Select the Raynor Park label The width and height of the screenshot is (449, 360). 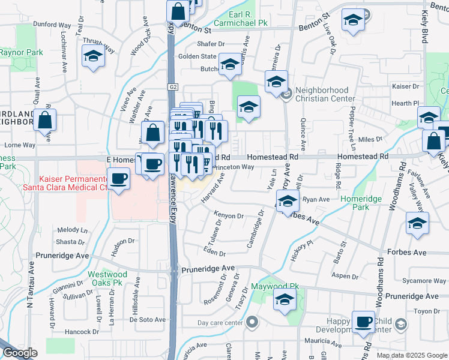(x=21, y=52)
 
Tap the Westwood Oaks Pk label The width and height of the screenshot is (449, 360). (x=105, y=277)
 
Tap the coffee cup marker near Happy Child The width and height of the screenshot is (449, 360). (x=363, y=322)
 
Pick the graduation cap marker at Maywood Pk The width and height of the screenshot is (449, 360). (x=285, y=301)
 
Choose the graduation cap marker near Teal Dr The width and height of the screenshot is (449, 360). (x=94, y=56)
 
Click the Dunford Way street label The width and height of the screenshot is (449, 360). (x=52, y=25)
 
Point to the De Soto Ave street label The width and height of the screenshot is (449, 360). (x=147, y=319)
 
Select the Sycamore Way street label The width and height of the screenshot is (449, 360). (x=424, y=280)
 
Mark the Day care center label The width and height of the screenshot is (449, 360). (x=220, y=323)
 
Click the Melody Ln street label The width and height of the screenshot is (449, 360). (x=72, y=230)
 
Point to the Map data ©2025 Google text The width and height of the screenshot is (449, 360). (x=411, y=355)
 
